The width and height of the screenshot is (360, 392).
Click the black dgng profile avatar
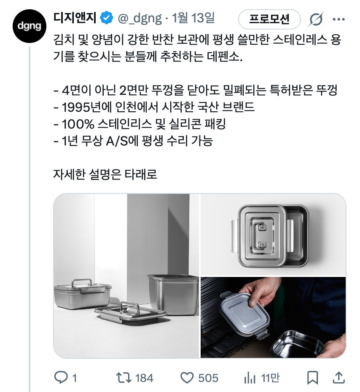point(30,26)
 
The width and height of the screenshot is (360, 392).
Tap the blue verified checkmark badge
point(107,18)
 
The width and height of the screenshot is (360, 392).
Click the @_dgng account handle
point(140,18)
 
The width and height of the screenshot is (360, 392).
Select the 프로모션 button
point(269,19)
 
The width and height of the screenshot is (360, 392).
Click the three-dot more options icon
point(339,19)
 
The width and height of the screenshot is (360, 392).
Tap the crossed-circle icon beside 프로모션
point(316,19)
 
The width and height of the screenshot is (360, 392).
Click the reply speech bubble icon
point(61,377)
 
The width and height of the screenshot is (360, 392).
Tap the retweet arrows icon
point(124,378)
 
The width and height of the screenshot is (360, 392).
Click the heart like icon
point(187,378)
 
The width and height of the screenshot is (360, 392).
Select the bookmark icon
point(312,378)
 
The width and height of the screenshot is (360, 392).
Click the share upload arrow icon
point(339,378)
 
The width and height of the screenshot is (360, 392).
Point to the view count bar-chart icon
point(250,378)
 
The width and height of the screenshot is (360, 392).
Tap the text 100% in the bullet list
point(78,124)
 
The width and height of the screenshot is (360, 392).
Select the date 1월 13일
point(193,18)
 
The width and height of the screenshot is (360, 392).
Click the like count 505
point(208,378)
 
